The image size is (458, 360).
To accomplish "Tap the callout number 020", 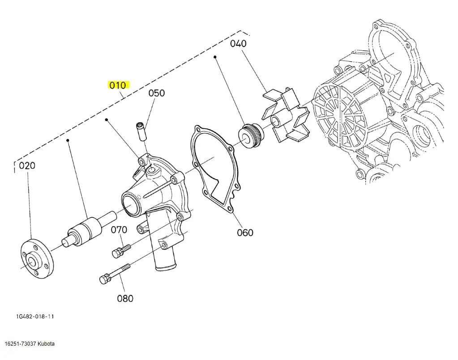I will click(x=27, y=166).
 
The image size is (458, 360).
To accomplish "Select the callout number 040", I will click(x=238, y=43).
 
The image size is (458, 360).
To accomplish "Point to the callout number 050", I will click(x=157, y=93).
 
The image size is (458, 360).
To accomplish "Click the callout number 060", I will click(x=245, y=232).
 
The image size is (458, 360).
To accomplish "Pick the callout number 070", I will click(x=119, y=230).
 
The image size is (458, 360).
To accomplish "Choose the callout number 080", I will click(x=125, y=298).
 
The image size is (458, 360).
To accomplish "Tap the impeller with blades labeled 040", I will click(x=287, y=117).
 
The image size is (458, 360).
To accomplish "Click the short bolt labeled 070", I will click(x=121, y=250).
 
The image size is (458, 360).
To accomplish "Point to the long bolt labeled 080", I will click(x=115, y=274).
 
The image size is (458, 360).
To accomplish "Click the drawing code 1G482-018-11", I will click(x=35, y=317).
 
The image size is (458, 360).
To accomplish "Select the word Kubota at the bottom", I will click(x=47, y=344).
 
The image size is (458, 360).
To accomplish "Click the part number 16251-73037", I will click(x=21, y=344).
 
